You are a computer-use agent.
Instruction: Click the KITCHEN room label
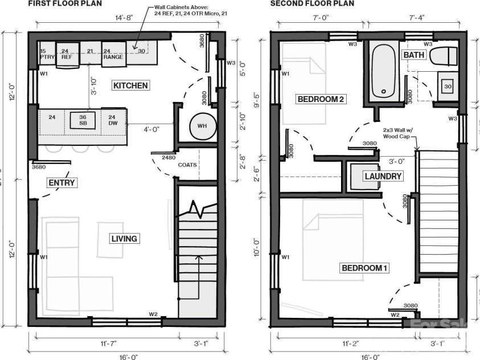point(130,85)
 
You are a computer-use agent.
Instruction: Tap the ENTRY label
point(61,182)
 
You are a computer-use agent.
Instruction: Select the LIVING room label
point(124,238)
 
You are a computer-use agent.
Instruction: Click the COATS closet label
point(187,165)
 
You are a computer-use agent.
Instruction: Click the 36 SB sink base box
point(83,120)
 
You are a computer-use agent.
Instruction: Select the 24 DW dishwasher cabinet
point(112,120)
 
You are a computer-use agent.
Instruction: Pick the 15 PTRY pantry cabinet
point(43,54)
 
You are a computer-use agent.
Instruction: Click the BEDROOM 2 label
point(320,99)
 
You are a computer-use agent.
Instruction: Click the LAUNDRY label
point(383,176)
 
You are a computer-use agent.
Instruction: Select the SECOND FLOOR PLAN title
point(312,3)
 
